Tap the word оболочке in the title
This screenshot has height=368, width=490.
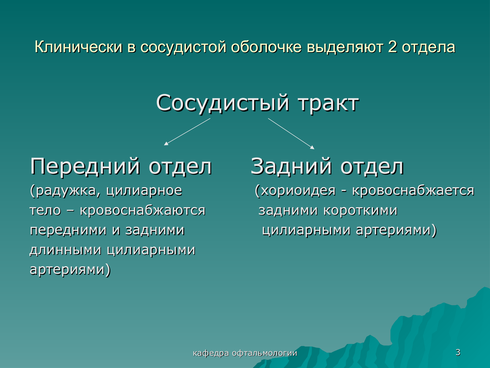coord(266,47)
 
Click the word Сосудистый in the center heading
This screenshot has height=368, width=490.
coord(223,103)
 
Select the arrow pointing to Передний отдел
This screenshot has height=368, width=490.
coord(187,132)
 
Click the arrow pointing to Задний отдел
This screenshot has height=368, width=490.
coord(291,134)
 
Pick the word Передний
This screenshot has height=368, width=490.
coord(85,167)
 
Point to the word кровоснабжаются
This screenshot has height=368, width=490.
coord(142,211)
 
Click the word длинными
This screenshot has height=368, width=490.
coord(66,250)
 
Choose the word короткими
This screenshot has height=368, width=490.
coord(360,210)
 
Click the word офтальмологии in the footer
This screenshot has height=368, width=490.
coord(265,353)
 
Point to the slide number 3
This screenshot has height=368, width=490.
coord(458,352)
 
